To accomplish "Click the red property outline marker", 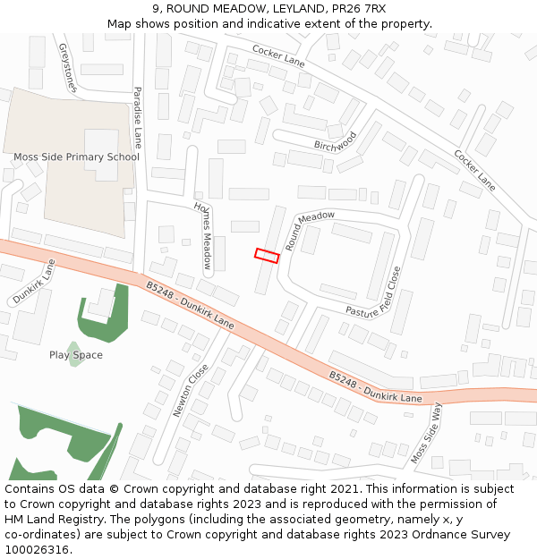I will coord(267,256).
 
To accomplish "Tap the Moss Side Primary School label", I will coord(76,157).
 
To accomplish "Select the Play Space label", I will coord(76,355).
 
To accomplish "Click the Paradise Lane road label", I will coord(138,117).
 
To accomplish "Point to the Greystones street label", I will coord(68,68).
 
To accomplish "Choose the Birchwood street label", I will coord(335,141).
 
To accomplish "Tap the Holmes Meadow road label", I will coord(203,234).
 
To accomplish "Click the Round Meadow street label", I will coord(310,230).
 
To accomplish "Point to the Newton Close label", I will coord(191,390).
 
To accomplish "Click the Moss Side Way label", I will coord(427,433).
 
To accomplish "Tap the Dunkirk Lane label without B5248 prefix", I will coord(33,281).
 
